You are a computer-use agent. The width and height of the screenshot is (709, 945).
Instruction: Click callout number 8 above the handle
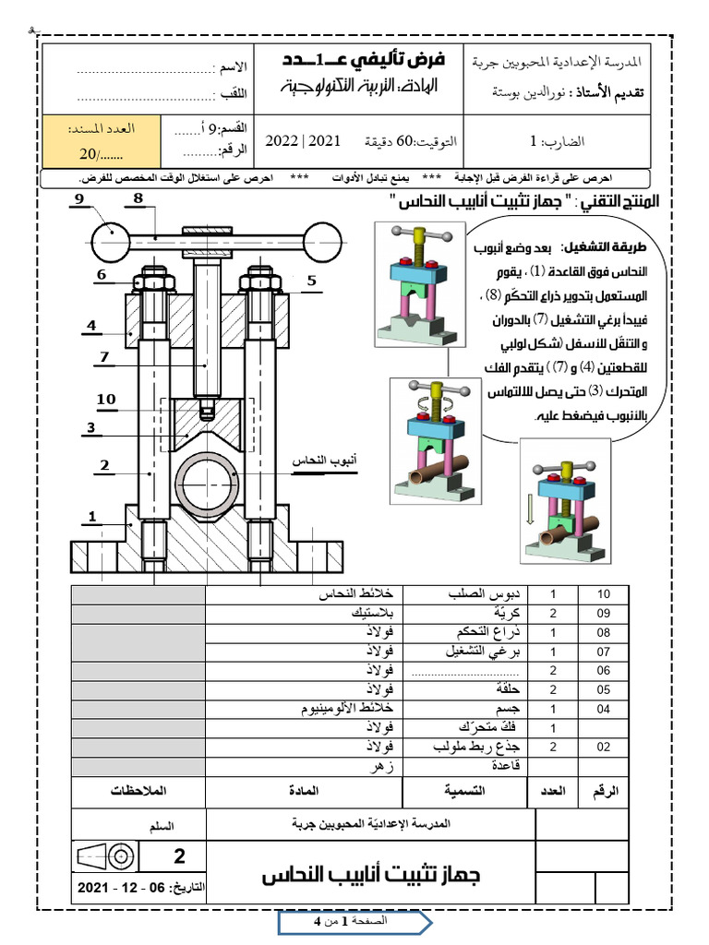[137, 198]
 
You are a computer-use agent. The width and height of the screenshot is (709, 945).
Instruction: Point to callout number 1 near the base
[92, 515]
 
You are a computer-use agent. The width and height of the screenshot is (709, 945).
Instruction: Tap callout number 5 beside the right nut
[311, 280]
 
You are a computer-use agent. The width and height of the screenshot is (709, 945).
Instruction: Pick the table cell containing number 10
[605, 594]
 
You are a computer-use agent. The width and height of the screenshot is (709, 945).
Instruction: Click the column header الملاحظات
[139, 791]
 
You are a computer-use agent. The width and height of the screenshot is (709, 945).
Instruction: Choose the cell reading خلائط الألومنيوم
[347, 710]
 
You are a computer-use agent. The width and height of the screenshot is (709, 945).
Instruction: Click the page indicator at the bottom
[354, 922]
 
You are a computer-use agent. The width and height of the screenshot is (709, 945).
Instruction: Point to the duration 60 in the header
[407, 141]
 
